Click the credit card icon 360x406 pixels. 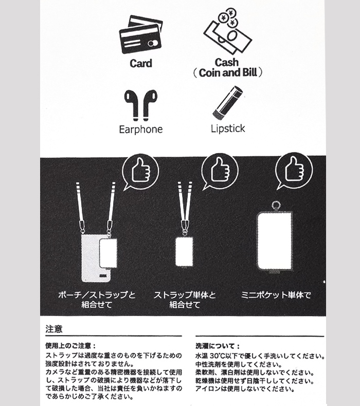coord(140,36)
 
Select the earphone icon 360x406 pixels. coord(140,104)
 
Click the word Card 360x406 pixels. coord(140,64)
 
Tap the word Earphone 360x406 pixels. coord(140,129)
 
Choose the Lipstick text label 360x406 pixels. coord(228,128)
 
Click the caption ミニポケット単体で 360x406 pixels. coord(276,296)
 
